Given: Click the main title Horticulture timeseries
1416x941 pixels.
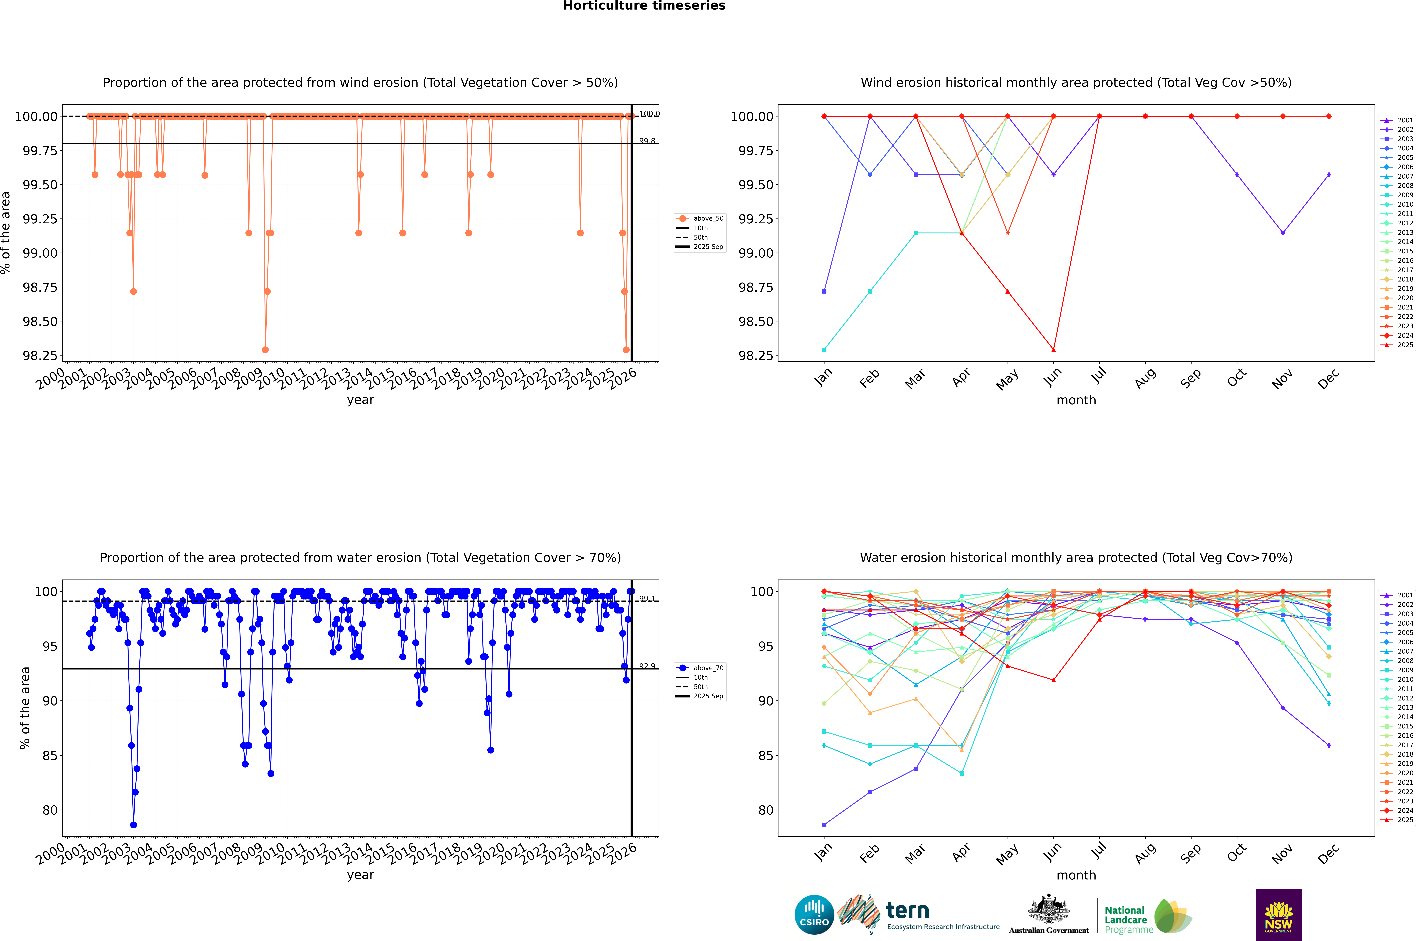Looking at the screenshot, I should (644, 6).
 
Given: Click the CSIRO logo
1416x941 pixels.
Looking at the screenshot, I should (814, 915).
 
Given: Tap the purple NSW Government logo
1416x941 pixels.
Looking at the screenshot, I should (1279, 915).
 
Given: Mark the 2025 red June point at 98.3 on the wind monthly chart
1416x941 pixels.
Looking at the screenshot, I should (1053, 349).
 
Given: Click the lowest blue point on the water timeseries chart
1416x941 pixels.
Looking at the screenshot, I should (133, 825).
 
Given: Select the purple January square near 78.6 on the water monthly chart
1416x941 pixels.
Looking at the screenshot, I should (824, 825).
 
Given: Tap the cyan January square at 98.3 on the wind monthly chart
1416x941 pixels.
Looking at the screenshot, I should (824, 349).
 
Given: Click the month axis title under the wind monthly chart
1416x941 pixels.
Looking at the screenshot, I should (1076, 400).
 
